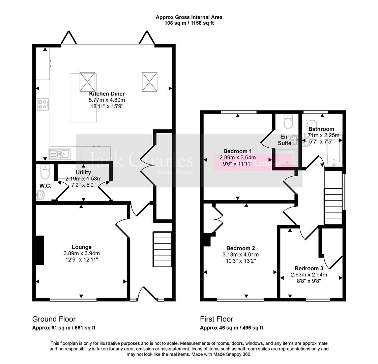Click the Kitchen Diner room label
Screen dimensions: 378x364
[x=107, y=94]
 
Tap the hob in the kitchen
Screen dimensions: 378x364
[x=43, y=104]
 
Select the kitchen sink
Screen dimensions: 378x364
[x=60, y=154]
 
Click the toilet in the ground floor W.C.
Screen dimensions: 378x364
[x=45, y=172]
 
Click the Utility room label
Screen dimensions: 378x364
[x=83, y=173]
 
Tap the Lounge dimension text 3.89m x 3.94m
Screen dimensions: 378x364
[x=82, y=253]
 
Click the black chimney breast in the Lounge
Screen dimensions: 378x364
[x=40, y=250]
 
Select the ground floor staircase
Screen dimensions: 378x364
[x=163, y=249]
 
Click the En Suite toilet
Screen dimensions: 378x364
[x=288, y=122]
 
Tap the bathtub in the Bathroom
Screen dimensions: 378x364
[x=334, y=153]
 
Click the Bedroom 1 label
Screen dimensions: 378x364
[x=237, y=151]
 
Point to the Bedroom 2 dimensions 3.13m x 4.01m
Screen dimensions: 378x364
[x=240, y=254]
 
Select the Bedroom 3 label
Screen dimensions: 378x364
[x=309, y=268]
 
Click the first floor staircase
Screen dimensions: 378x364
[x=333, y=198]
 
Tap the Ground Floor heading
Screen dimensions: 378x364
[x=54, y=319]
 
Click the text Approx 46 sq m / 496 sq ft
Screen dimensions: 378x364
[x=232, y=328]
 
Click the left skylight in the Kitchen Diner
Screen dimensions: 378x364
[x=87, y=82]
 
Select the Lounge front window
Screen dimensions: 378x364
[x=73, y=300]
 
